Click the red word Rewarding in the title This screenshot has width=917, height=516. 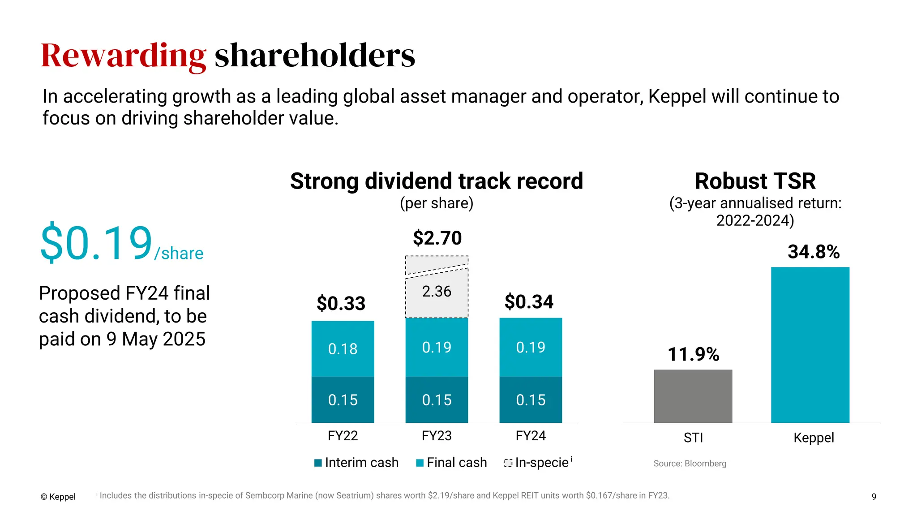coord(124,56)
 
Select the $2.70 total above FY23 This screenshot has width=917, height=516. coord(437,238)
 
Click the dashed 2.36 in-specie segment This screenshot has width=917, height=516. coord(437,292)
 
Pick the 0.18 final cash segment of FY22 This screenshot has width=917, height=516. coord(343,349)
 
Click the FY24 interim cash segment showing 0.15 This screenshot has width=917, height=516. coord(531,400)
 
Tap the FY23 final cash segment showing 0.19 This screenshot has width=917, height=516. coord(437,348)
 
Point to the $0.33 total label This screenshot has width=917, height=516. coord(341,303)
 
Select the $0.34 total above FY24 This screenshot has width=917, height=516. coord(529,301)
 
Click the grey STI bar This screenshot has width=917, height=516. coord(693,396)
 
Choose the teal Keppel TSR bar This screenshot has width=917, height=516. coord(810,345)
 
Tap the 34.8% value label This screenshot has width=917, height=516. coord(814,252)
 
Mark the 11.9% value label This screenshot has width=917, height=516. coord(693,354)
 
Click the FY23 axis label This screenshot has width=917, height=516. coord(437,435)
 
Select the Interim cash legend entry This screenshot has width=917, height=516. coord(356,462)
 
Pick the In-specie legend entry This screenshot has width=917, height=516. coord(538,462)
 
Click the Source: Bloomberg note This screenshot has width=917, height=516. coord(690,464)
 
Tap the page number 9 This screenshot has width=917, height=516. coord(874,496)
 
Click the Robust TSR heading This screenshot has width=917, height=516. coord(755,181)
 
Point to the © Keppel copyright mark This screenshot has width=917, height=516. coord(58,496)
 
